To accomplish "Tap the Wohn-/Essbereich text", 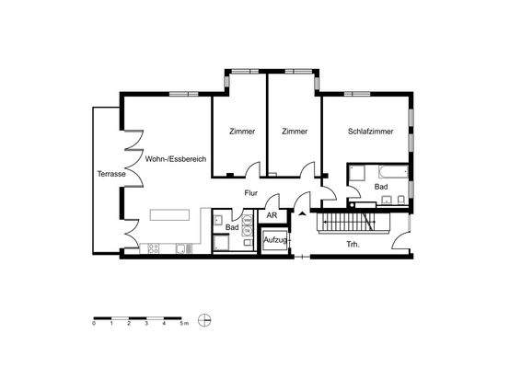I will tap(175, 159).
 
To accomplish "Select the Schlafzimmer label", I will tap(370, 132).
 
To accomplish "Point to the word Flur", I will tap(250, 193).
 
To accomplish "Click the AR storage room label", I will tap(271, 215).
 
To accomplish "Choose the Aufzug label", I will tap(275, 240).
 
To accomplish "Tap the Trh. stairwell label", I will tap(352, 244).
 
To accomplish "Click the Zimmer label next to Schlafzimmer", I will tap(295, 132).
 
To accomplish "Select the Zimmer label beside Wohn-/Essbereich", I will tap(241, 132).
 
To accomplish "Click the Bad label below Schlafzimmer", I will tap(383, 187).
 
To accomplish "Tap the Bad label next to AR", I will tap(232, 227).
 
